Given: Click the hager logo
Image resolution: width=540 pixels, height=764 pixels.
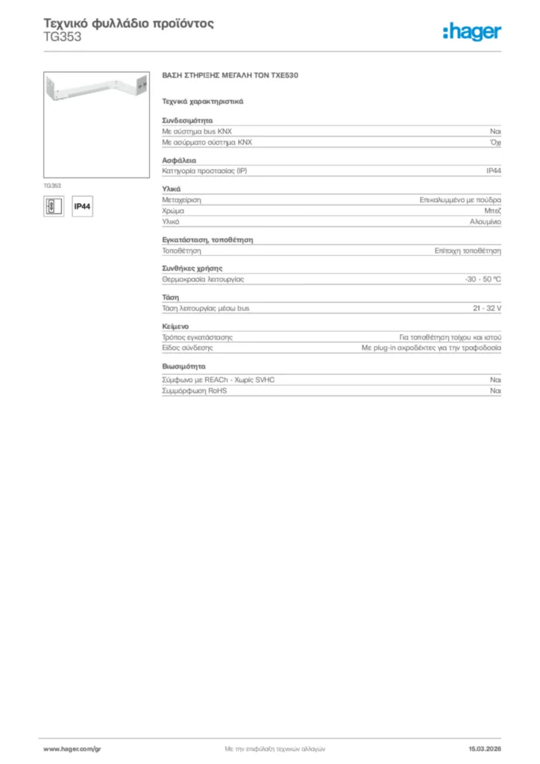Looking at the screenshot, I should tap(471, 31).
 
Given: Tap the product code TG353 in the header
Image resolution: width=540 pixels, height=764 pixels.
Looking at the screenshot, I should tap(63, 37).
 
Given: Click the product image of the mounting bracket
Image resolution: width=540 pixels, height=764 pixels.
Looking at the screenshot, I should tap(98, 124).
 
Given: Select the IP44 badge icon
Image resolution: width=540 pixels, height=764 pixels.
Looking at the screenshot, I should tap(82, 207).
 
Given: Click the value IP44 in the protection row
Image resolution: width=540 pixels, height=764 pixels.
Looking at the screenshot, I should tap(493, 171).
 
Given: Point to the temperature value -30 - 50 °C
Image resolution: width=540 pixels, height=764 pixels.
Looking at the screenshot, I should tap(483, 279).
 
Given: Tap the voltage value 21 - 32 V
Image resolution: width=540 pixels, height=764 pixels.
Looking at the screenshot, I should tap(486, 307).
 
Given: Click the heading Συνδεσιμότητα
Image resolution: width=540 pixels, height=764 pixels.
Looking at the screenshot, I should tap(187, 119).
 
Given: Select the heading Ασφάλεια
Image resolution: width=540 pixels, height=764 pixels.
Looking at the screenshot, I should tap(179, 160).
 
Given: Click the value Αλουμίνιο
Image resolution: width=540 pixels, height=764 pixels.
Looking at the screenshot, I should tap(485, 222).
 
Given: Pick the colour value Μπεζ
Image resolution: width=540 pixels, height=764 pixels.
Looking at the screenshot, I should tap(492, 211).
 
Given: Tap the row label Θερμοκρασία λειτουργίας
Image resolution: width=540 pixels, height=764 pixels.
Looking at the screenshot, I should tap(203, 279).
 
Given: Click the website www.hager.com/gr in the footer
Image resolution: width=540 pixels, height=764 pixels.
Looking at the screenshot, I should tap(72, 748).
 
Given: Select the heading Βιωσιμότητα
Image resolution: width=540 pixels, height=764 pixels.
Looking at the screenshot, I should tap(183, 367).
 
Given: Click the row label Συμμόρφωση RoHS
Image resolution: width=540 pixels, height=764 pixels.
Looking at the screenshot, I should tap(194, 390).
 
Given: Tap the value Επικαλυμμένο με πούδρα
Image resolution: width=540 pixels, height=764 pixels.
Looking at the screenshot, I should tap(460, 200).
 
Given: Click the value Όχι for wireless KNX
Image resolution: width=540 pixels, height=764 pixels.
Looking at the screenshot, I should tap(495, 142).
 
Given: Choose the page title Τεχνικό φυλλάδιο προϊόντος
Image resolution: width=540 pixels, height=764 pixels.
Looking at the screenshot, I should tap(129, 23).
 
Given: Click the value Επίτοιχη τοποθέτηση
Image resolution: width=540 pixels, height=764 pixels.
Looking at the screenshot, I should tap(468, 251).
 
